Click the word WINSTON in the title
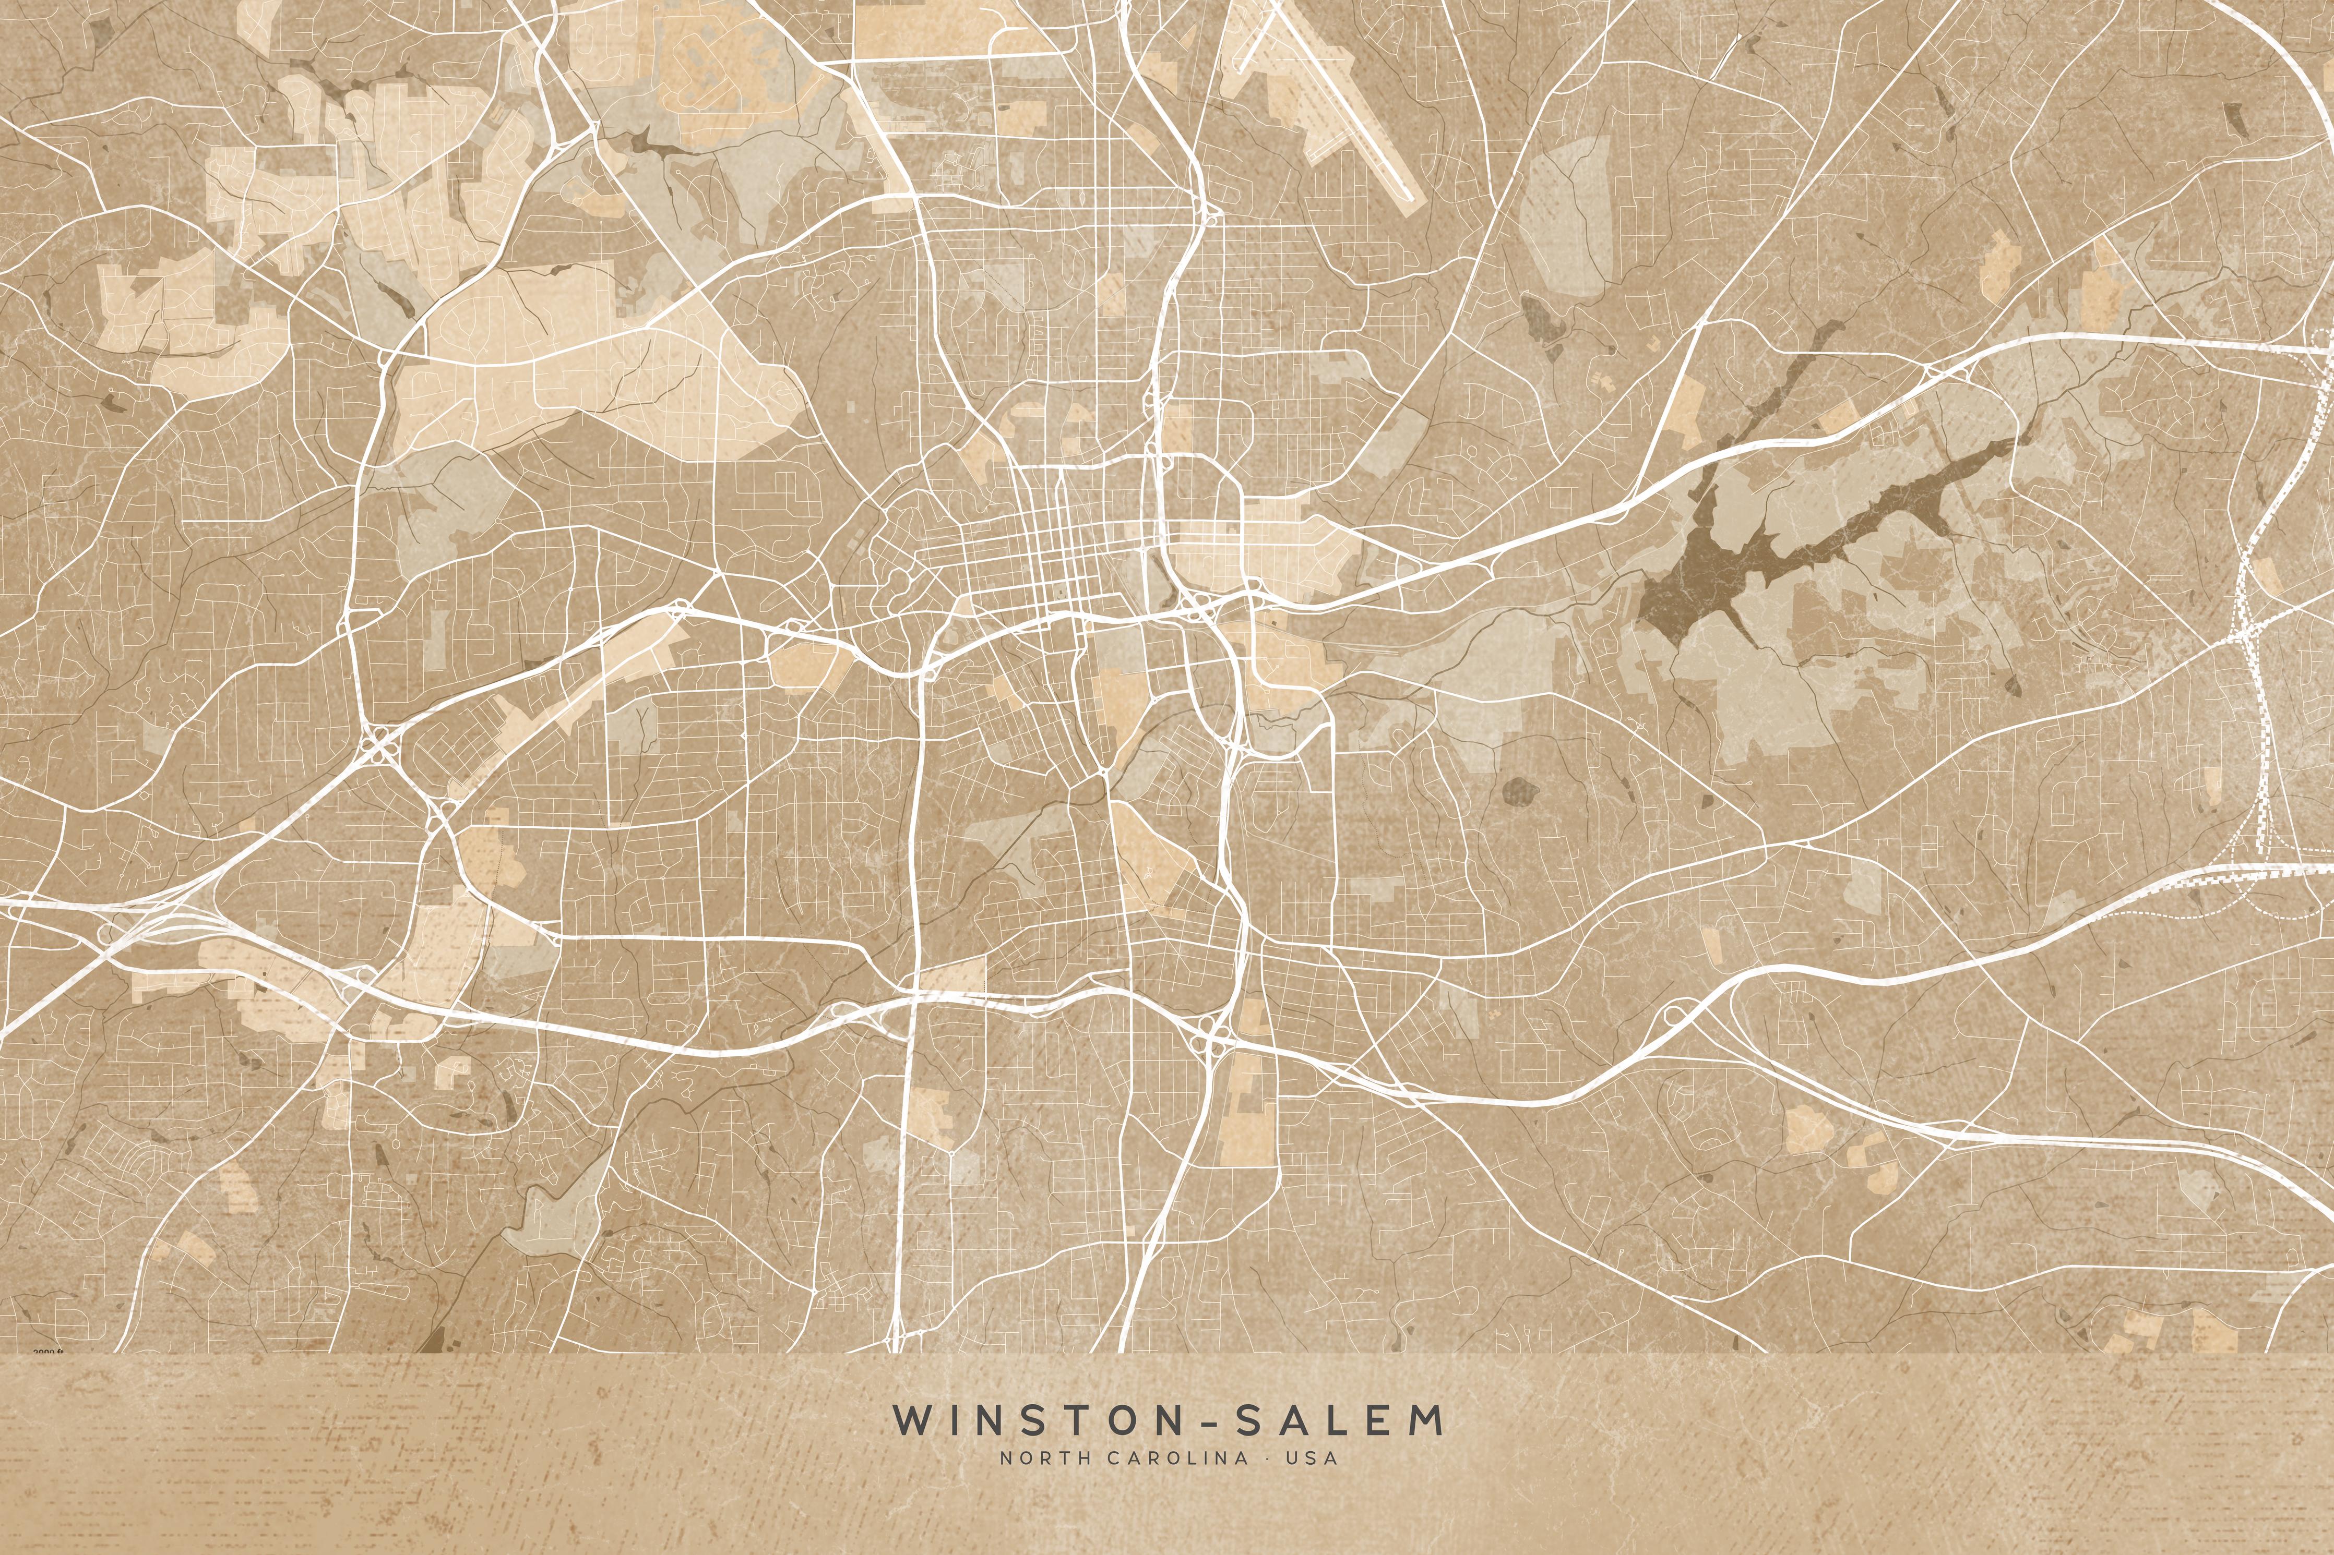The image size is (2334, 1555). click(x=1032, y=1419)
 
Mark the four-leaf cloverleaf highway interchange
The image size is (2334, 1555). click(x=380, y=744)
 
